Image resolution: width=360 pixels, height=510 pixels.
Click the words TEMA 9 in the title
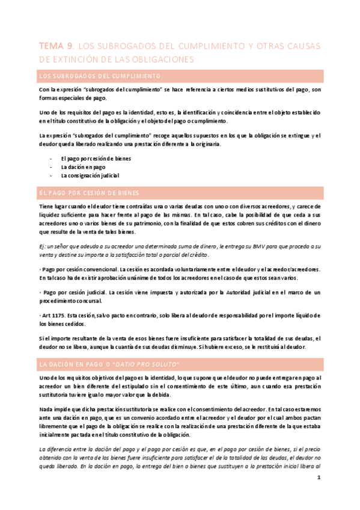pos(55,46)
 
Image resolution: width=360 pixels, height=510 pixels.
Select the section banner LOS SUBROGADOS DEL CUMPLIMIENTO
pos(99,76)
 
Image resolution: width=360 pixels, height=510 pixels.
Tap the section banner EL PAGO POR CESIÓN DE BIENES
pos(89,192)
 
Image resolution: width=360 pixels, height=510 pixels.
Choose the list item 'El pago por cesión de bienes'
pos(95,159)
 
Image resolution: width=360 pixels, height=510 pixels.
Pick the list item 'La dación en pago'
pos(83,167)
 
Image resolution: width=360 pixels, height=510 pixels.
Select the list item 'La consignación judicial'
pos(90,176)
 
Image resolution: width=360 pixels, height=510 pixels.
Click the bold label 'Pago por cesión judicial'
pos(75,292)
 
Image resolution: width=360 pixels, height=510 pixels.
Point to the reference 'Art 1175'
pos(52,316)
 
